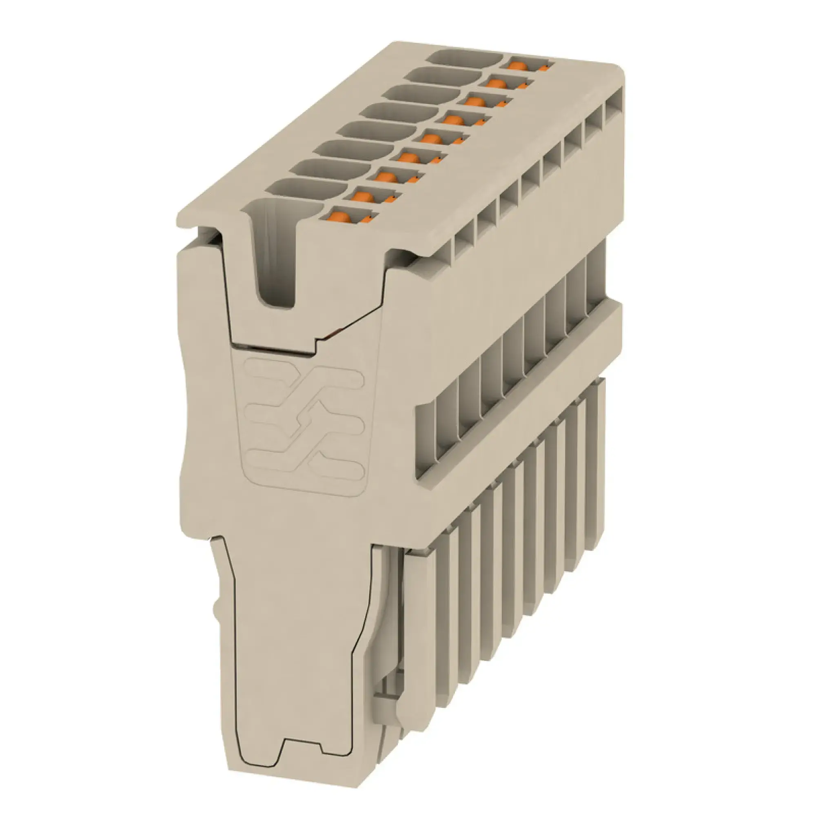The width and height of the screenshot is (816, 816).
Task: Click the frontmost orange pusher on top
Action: [x=340, y=217]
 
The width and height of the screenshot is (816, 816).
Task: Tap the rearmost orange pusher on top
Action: [x=517, y=65]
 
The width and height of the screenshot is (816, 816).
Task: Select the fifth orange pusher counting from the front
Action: [x=430, y=139]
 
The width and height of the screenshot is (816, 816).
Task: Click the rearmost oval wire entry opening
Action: [x=467, y=58]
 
